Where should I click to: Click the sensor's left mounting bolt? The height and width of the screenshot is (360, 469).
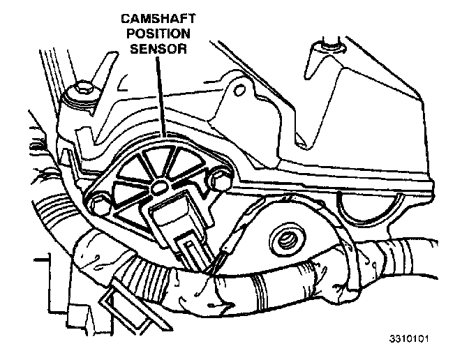[x=98, y=204]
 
